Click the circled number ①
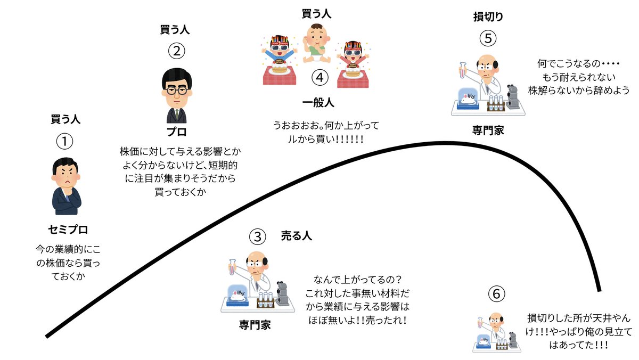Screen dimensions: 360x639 pyautogui.click(x=64, y=142)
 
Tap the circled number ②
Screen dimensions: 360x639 pyautogui.click(x=176, y=52)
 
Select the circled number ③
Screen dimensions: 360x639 pyautogui.click(x=257, y=236)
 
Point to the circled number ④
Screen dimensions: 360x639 pyautogui.click(x=319, y=78)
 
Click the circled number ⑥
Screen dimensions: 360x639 pyautogui.click(x=495, y=293)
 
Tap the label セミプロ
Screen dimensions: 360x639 pyautogui.click(x=68, y=230)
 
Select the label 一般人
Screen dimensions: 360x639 pyautogui.click(x=319, y=103)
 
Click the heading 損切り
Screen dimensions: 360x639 pyautogui.click(x=488, y=17)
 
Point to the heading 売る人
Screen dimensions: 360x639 pyautogui.click(x=296, y=236)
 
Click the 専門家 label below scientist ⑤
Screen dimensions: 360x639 pyautogui.click(x=488, y=130)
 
